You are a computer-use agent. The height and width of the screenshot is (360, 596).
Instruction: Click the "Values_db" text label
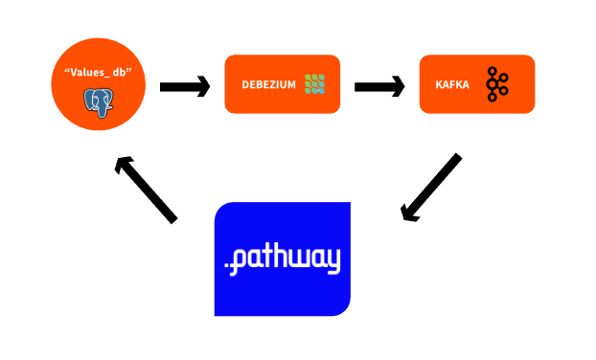[99, 73]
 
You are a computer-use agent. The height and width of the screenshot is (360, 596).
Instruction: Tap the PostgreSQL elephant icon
[98, 101]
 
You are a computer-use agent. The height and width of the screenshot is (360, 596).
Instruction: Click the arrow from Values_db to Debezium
[184, 87]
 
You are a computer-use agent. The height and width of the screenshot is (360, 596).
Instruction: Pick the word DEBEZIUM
[267, 85]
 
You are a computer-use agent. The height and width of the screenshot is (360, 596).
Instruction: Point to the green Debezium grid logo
[315, 84]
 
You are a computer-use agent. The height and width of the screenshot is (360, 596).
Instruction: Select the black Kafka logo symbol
[496, 84]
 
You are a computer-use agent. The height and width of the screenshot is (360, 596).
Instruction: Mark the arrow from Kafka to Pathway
[431, 188]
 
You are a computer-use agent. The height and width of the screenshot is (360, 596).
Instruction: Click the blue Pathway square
[282, 287]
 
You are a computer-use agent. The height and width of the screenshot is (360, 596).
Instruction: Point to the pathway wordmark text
[282, 259]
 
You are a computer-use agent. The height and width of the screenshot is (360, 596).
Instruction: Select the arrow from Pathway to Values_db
[147, 190]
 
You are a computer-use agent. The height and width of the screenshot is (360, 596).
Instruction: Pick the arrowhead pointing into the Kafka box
[392, 87]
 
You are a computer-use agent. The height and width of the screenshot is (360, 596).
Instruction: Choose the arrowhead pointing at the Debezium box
[200, 87]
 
